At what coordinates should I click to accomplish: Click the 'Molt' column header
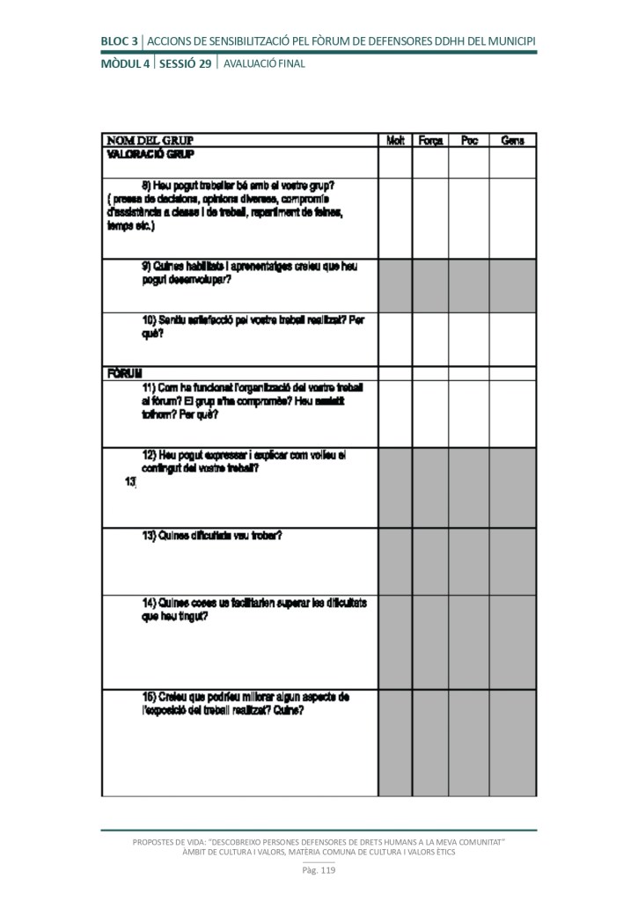395,141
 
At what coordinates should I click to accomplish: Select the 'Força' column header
430,141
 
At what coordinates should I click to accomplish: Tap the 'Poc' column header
469,141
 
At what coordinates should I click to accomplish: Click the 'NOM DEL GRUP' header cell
150,141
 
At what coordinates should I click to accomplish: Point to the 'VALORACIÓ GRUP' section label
150,154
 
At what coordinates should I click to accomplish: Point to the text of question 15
246,704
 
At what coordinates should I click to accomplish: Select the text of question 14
254,609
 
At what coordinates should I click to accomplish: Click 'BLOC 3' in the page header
120,40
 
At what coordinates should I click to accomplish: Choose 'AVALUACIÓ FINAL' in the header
264,63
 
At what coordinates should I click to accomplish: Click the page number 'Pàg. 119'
319,871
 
